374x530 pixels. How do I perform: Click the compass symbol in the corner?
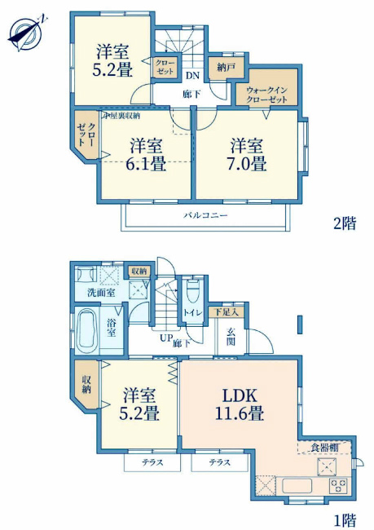25,32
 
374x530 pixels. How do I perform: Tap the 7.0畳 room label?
247,154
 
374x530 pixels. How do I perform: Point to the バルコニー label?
205,215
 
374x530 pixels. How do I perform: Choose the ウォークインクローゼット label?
266,94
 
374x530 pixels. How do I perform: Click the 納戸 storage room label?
220,68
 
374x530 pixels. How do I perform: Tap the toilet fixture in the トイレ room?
193,292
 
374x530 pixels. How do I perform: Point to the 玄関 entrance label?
229,336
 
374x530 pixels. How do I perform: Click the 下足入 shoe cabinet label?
227,311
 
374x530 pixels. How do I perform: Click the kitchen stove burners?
337,486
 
